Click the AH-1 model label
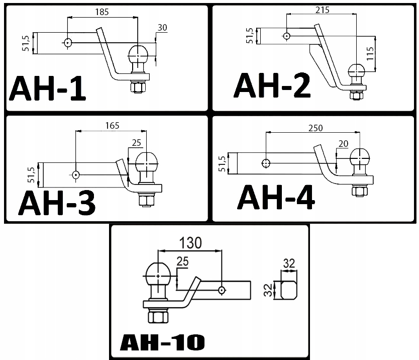pyautogui.click(x=48, y=89)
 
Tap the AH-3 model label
pyautogui.click(x=57, y=203)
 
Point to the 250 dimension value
pyautogui.click(x=314, y=128)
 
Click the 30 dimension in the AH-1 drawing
pyautogui.click(x=162, y=28)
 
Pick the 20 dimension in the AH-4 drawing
pyautogui.click(x=344, y=144)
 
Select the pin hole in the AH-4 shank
pyautogui.click(x=265, y=163)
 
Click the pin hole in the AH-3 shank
pyautogui.click(x=76, y=175)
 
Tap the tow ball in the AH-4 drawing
pyautogui.click(x=360, y=158)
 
